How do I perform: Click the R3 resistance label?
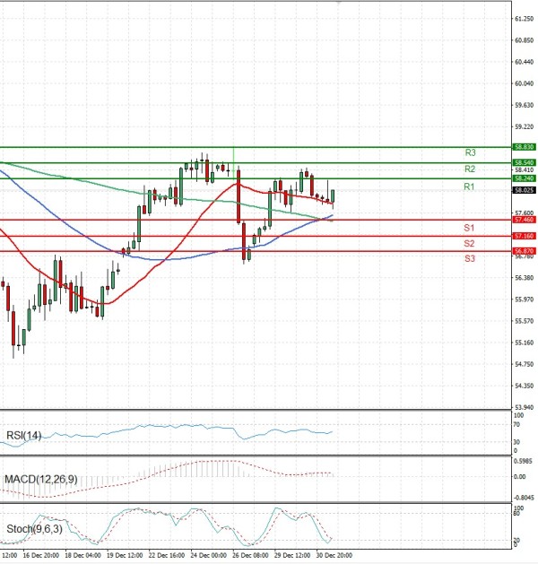470,152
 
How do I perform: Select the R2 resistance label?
470,169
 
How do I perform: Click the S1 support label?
469,227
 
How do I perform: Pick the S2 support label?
469,243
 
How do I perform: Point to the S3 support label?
469,258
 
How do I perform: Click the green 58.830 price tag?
525,146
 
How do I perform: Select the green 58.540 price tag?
525,162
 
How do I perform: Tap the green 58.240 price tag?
525,178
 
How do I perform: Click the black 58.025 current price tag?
525,190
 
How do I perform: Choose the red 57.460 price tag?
525,220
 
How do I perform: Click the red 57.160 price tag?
525,236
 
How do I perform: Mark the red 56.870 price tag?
525,251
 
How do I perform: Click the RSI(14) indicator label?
24,436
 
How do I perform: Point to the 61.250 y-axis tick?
525,19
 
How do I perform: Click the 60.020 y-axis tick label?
525,83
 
